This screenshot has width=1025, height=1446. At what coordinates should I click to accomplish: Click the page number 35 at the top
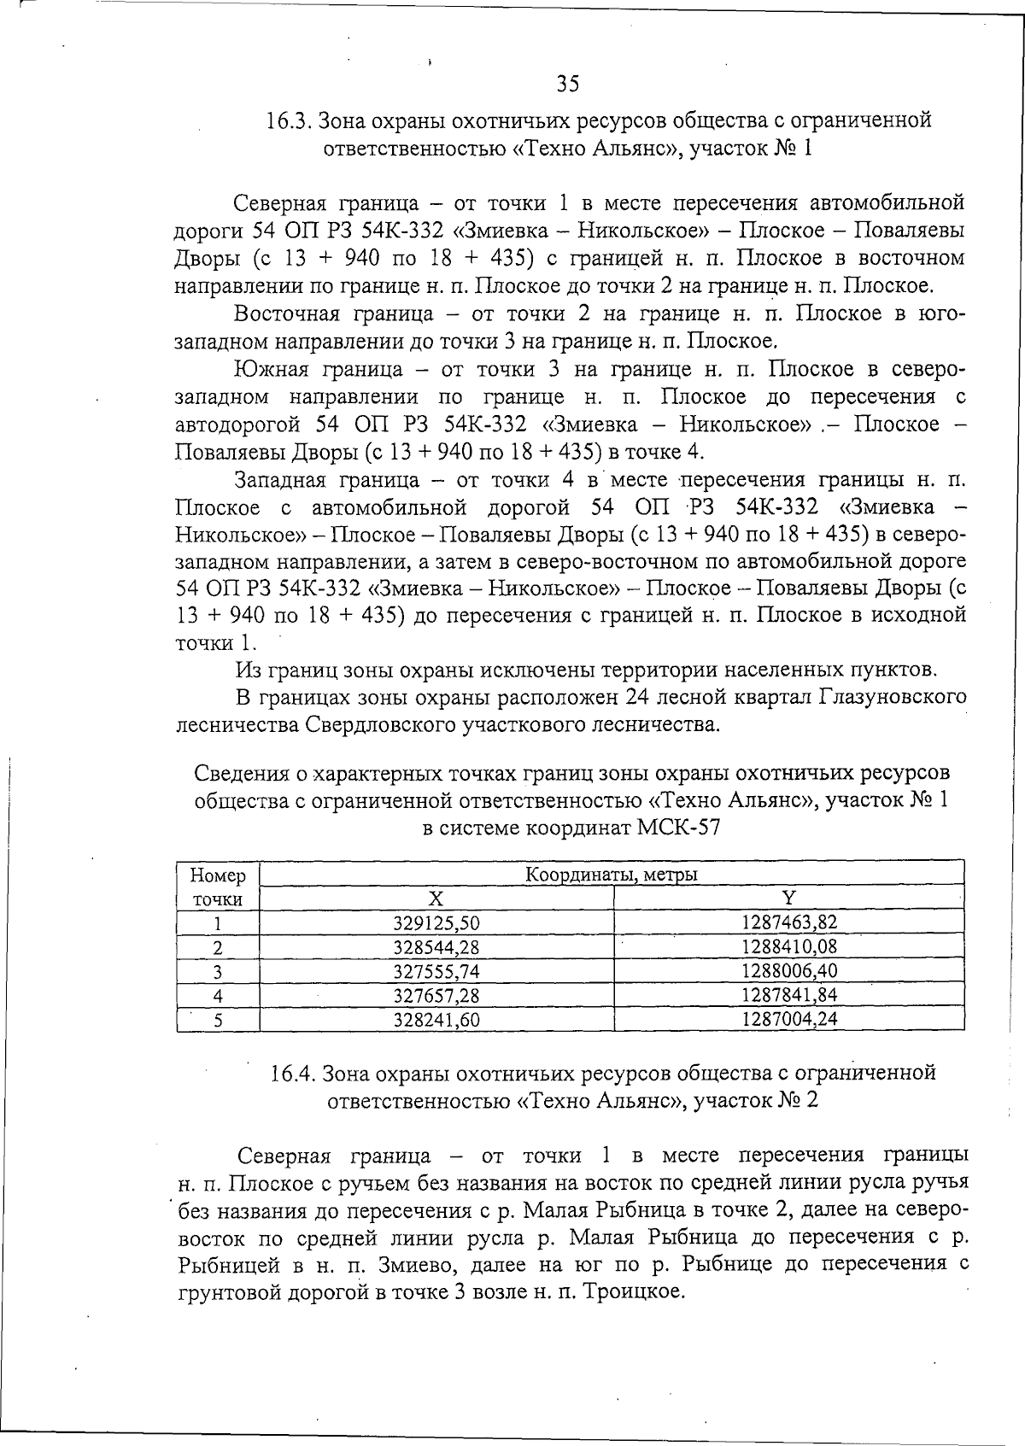click(568, 84)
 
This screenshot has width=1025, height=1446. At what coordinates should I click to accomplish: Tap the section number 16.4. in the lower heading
click(293, 1072)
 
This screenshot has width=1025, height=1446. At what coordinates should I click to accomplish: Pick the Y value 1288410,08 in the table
click(789, 946)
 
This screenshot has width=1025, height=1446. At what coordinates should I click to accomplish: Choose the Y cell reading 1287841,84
click(789, 995)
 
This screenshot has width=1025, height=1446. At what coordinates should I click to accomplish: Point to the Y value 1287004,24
click(789, 1019)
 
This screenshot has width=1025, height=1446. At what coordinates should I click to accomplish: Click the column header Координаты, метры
click(611, 875)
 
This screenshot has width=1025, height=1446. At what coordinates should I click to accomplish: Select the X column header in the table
click(436, 899)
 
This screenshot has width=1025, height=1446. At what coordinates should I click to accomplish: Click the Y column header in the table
click(789, 898)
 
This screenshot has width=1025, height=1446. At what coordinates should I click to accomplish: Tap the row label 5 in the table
click(218, 1020)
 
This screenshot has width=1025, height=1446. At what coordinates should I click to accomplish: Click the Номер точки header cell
click(218, 887)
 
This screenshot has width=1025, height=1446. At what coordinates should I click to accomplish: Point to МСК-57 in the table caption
click(679, 828)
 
